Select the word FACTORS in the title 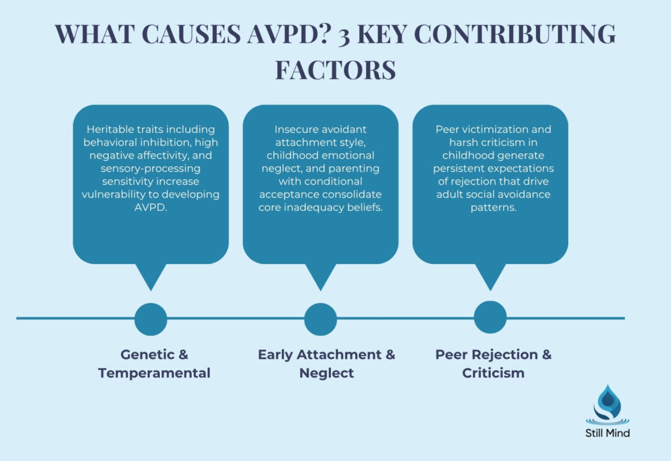pyautogui.click(x=335, y=69)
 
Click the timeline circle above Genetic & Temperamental pyautogui.click(x=151, y=319)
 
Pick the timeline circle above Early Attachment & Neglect pyautogui.click(x=320, y=319)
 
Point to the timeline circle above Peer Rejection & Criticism pyautogui.click(x=490, y=318)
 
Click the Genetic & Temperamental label pyautogui.click(x=154, y=363)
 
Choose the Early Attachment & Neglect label pyautogui.click(x=326, y=363)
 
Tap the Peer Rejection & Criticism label pyautogui.click(x=493, y=363)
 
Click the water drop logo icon pyautogui.click(x=606, y=405)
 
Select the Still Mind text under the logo pyautogui.click(x=606, y=433)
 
